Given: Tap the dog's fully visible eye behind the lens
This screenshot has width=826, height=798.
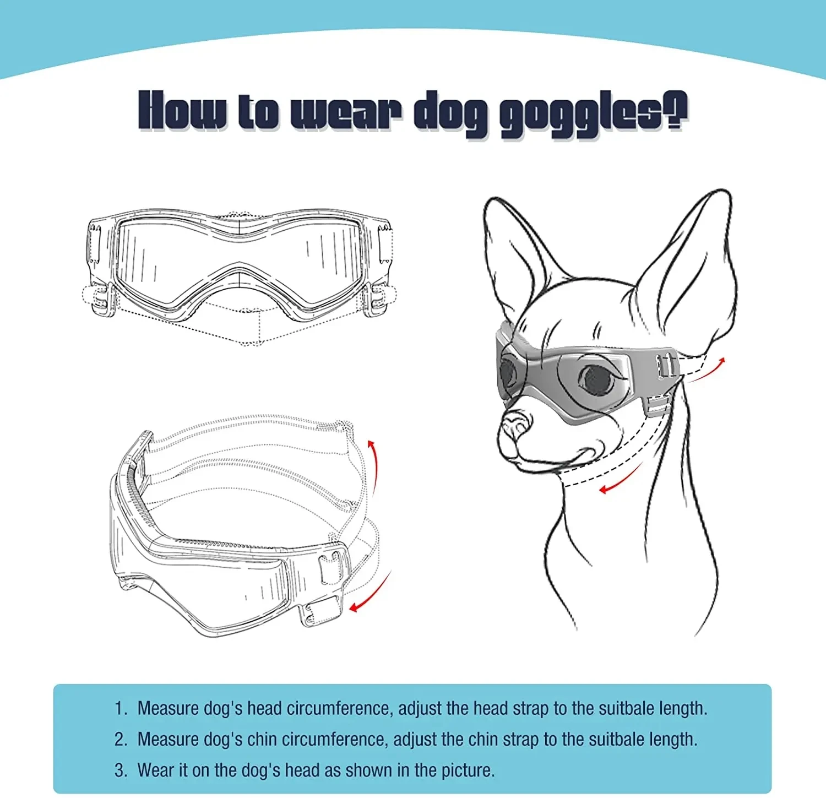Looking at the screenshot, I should [x=597, y=379].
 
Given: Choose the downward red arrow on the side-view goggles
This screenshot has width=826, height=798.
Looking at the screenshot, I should [x=370, y=593].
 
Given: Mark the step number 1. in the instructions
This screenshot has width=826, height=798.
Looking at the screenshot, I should [x=121, y=708].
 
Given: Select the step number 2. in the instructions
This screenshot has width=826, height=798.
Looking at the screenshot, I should [x=121, y=739].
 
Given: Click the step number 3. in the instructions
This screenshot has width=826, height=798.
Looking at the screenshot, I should [x=121, y=770].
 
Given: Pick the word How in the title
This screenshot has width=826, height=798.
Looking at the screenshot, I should [x=182, y=111].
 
